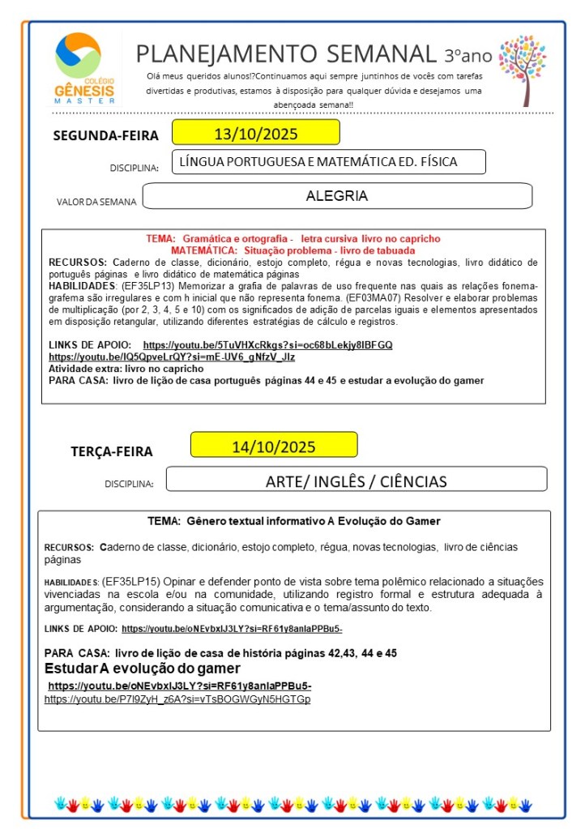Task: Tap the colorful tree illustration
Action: (523, 68)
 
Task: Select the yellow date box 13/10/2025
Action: (255, 133)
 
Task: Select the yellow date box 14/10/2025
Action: (274, 446)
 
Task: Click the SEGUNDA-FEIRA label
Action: (106, 135)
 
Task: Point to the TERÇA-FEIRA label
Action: (112, 451)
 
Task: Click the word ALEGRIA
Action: (337, 196)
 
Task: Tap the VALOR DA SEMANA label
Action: (96, 202)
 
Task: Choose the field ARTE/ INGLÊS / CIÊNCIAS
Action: (356, 481)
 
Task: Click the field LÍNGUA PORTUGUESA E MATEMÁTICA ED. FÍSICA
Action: (329, 162)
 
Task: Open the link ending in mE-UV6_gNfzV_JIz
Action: (172, 357)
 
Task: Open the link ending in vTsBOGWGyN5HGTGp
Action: (177, 699)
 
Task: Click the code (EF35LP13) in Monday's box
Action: (143, 286)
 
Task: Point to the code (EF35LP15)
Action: (130, 582)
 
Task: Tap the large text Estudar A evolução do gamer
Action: (143, 669)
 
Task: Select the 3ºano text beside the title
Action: (468, 55)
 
